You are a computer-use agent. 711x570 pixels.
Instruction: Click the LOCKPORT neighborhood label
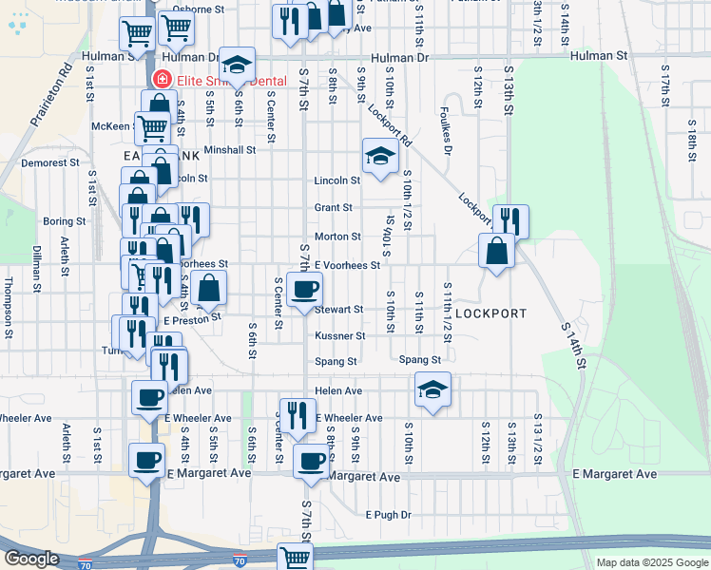[490, 312]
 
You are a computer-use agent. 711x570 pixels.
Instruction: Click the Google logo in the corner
[30, 559]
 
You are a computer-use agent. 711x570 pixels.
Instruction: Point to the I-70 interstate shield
[240, 563]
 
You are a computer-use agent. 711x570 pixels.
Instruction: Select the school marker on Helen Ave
[432, 389]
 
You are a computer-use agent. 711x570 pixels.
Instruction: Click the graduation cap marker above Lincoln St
[379, 156]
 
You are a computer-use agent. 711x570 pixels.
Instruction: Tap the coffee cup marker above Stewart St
[304, 290]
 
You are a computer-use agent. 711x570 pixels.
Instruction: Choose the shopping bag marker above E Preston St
[209, 288]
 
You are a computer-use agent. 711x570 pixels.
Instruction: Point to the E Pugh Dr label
[389, 515]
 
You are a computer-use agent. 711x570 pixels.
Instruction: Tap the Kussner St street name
[339, 335]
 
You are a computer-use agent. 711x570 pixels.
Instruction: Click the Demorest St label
[50, 162]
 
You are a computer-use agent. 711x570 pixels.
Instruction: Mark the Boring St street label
[65, 221]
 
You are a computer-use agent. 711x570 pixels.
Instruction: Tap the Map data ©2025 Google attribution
[651, 562]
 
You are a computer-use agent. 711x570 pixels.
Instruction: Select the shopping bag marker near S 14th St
[497, 252]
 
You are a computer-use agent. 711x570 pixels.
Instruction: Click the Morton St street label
[337, 236]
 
